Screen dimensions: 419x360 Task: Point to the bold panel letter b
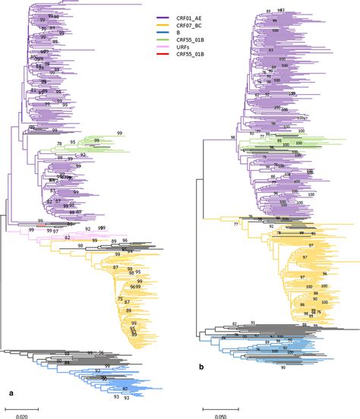201,388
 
